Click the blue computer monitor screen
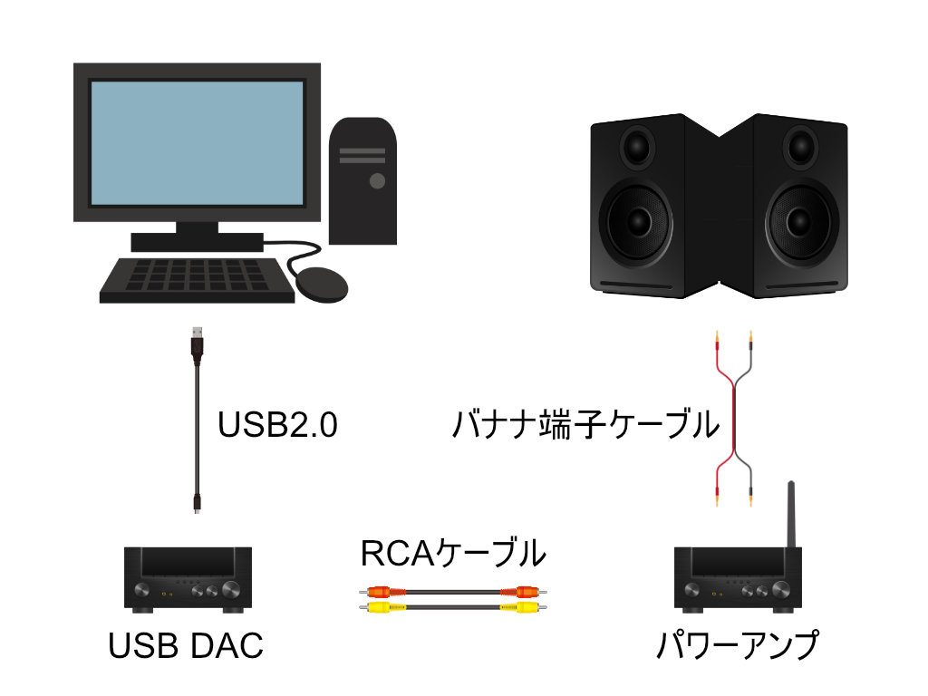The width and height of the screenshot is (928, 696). point(197,142)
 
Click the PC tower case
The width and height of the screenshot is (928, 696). point(362,181)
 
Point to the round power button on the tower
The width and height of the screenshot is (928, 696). point(375,181)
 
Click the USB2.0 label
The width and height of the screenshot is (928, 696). point(277,425)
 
